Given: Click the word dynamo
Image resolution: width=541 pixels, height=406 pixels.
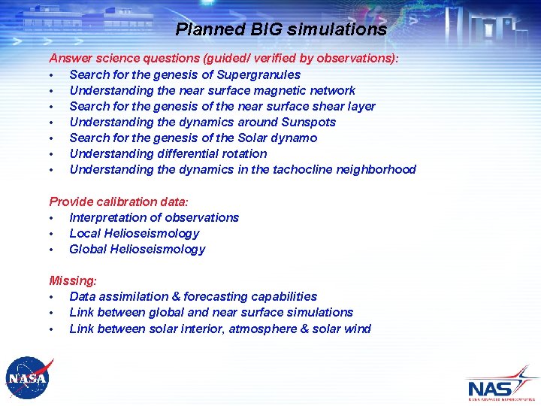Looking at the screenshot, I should [x=296, y=138].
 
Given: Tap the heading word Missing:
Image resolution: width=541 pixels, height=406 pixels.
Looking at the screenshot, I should [x=73, y=280].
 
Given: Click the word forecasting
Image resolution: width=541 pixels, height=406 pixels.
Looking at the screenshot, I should [x=212, y=296].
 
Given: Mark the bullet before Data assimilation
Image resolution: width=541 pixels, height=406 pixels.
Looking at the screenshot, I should [x=50, y=297].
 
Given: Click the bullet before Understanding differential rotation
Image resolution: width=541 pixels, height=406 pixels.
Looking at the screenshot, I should [x=50, y=154].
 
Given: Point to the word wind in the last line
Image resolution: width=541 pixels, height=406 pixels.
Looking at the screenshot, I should [x=358, y=329].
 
